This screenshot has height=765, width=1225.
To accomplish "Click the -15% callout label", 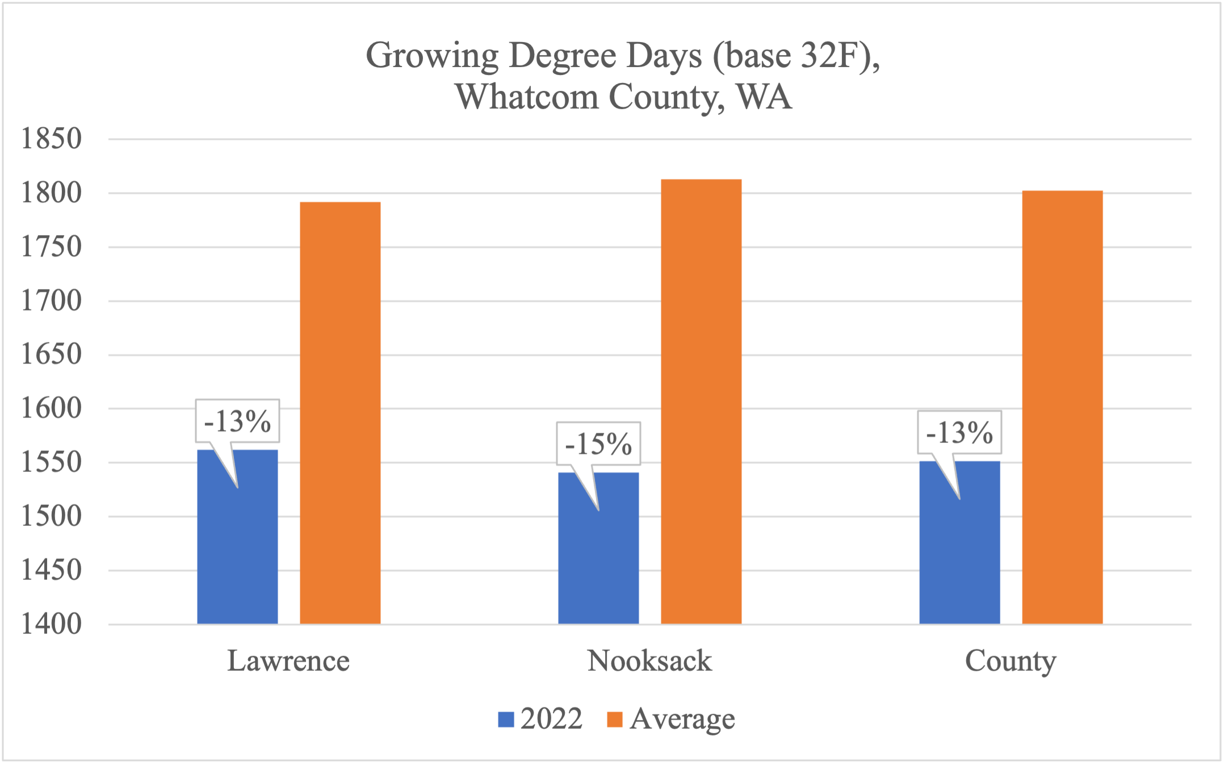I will [598, 444].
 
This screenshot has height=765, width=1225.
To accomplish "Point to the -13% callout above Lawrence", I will [237, 421].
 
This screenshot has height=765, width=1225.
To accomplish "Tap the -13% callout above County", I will [959, 433].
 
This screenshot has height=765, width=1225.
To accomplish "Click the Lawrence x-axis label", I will [288, 661].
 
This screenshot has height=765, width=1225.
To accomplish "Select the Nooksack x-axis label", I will [649, 661].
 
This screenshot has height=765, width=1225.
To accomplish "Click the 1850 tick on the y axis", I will [51, 139].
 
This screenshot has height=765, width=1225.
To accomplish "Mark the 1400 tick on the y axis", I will [51, 624].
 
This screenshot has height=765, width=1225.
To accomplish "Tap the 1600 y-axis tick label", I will [51, 408].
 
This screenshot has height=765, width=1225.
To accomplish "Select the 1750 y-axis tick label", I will [51, 247].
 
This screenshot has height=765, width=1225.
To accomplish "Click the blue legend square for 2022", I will [506, 720].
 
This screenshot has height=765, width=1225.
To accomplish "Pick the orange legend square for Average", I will [615, 720].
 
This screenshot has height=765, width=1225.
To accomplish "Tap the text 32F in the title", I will [826, 56].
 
